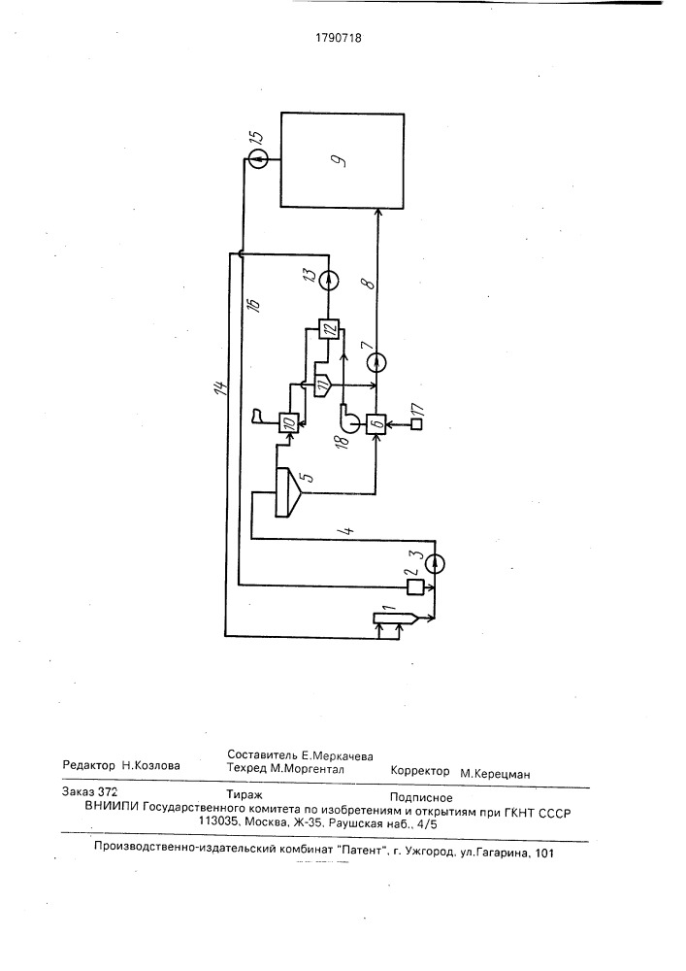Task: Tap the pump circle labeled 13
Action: pos(329,279)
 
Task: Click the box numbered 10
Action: pos(288,423)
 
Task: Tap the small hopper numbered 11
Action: pos(323,385)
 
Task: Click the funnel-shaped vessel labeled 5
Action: pos(287,491)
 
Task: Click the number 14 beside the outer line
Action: pos(220,387)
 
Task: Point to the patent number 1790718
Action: pos(339,38)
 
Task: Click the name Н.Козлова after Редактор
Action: pos(151,765)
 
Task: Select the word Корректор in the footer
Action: pos(420,771)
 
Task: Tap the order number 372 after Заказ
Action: pos(108,791)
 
